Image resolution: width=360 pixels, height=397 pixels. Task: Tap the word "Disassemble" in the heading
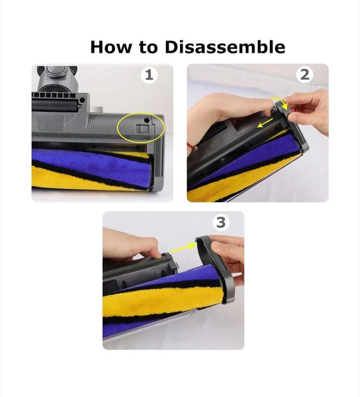[x=225, y=47]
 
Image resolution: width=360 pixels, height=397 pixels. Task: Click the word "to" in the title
[x=148, y=47]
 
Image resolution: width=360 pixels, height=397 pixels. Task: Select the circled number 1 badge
[x=149, y=75]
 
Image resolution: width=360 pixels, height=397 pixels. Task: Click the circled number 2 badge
[x=305, y=75]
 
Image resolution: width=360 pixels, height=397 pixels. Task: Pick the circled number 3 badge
[x=221, y=223]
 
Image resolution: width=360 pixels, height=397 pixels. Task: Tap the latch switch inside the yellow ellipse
[x=142, y=128]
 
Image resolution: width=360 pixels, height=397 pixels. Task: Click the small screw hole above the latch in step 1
[x=146, y=119]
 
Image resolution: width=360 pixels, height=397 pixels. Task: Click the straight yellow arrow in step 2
[x=265, y=123]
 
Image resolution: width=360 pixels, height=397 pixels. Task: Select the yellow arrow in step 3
[x=183, y=248]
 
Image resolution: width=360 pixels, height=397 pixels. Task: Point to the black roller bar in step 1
[x=54, y=105]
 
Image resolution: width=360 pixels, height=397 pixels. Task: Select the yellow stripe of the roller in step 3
[x=162, y=299]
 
